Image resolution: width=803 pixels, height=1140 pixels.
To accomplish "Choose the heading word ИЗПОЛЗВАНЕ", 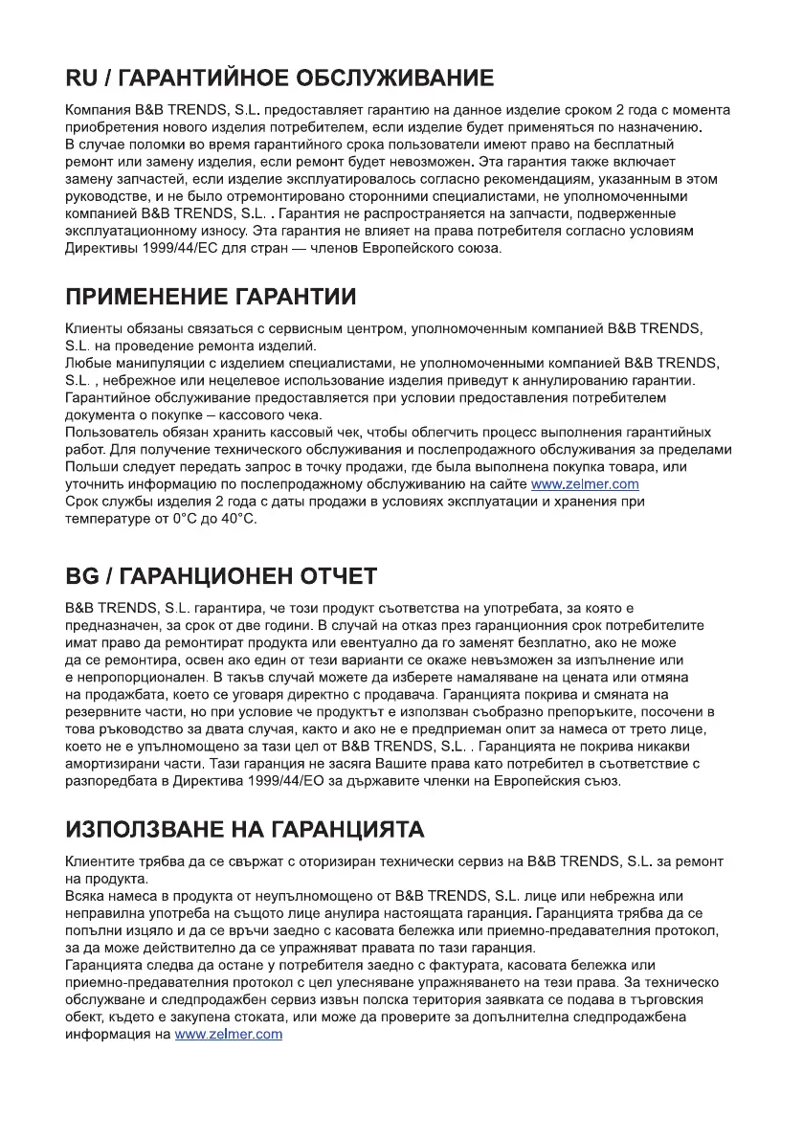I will [x=151, y=827].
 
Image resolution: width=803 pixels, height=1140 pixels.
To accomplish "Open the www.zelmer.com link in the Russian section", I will [x=585, y=484].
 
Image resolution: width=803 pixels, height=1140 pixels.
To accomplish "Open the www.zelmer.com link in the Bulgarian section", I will [x=229, y=1035].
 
